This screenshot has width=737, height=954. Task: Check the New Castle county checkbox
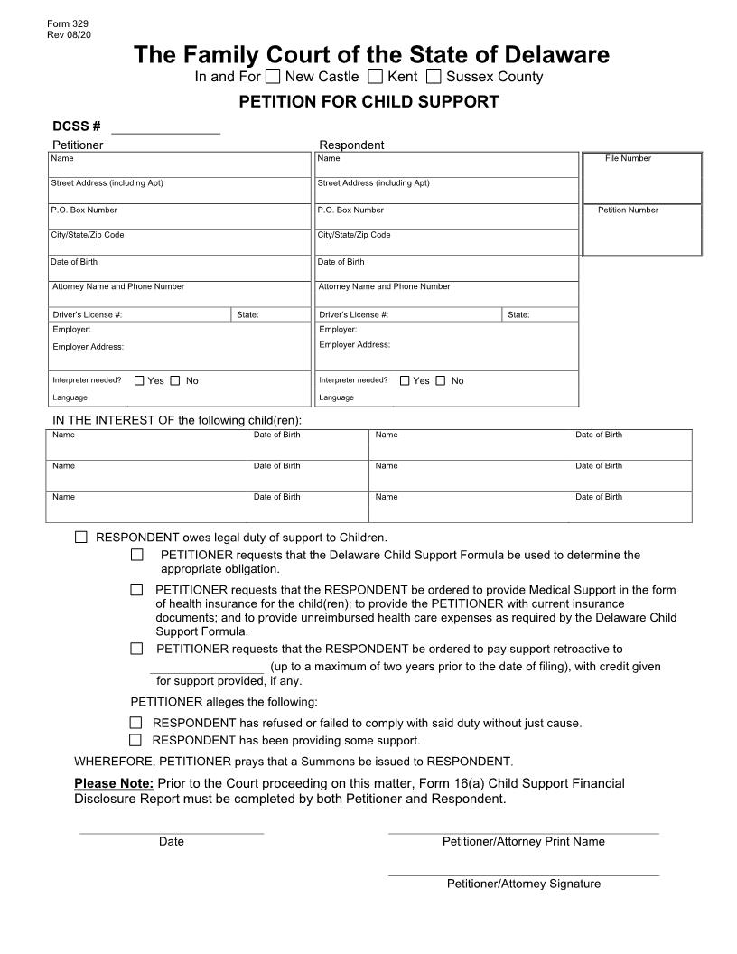click(273, 77)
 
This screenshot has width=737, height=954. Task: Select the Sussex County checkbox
click(434, 77)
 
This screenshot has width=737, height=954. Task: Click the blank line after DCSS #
click(165, 127)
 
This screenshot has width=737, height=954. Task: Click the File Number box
click(642, 180)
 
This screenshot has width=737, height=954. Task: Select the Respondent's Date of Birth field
click(446, 272)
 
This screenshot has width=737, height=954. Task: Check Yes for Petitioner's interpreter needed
click(139, 380)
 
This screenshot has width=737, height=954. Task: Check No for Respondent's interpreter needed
click(441, 380)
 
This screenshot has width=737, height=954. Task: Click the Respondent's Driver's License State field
click(540, 314)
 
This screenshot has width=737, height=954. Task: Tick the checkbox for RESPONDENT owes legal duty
click(81, 537)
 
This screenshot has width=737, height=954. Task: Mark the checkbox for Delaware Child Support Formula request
click(137, 555)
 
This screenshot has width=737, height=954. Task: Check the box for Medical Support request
click(137, 590)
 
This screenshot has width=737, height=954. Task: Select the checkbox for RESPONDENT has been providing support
click(136, 740)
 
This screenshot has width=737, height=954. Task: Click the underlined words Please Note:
click(114, 783)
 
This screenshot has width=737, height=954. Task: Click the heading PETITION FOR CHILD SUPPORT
click(368, 101)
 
